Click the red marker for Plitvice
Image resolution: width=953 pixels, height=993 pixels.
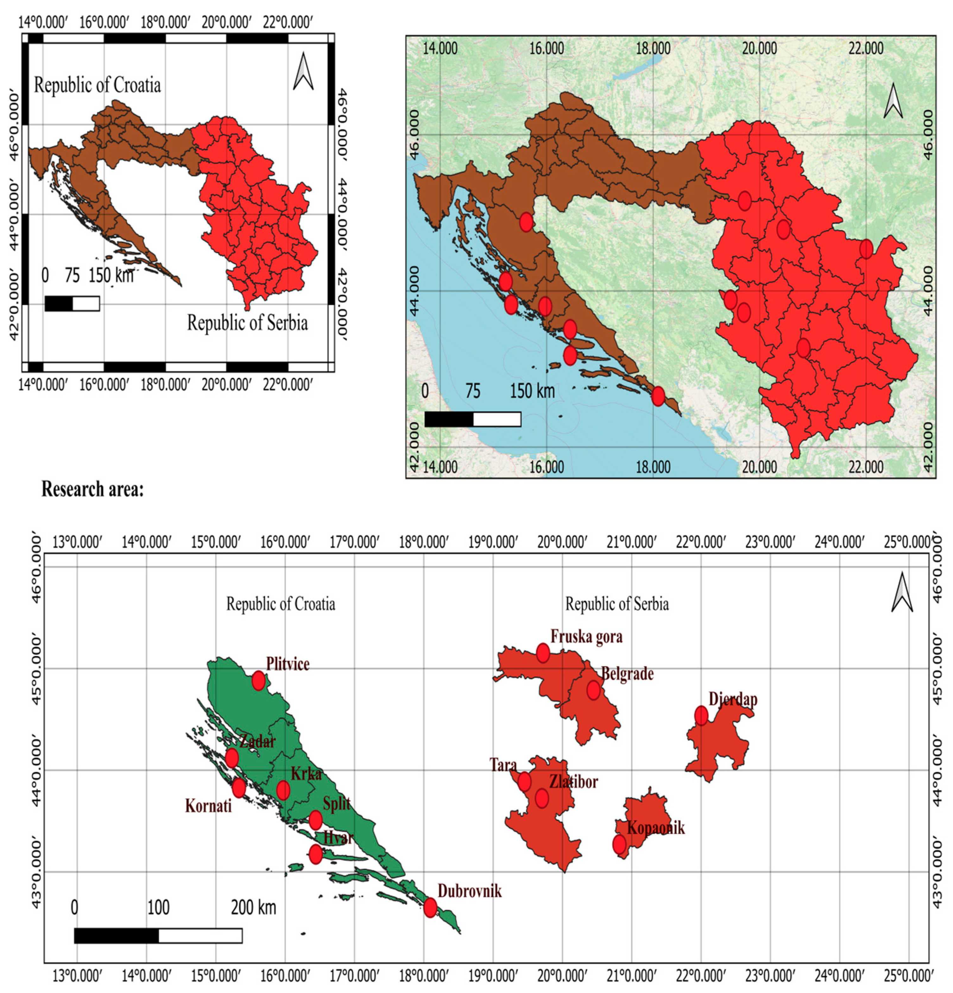click(x=258, y=680)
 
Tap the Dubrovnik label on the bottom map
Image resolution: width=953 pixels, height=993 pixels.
click(x=470, y=891)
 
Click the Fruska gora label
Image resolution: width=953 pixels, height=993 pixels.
click(x=586, y=636)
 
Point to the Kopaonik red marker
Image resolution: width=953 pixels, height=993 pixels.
click(x=619, y=844)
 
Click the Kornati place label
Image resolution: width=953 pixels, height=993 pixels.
click(x=208, y=806)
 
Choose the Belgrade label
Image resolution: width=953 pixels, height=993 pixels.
click(x=627, y=674)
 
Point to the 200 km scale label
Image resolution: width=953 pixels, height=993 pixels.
click(x=253, y=907)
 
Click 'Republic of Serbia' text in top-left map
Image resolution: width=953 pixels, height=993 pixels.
click(x=247, y=323)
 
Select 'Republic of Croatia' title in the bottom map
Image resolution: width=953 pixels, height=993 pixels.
click(x=280, y=604)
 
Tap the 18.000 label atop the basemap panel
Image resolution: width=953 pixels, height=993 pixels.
click(x=653, y=49)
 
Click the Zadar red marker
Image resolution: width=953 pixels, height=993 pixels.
click(x=232, y=758)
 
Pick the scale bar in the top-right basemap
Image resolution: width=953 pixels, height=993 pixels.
click(x=472, y=419)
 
